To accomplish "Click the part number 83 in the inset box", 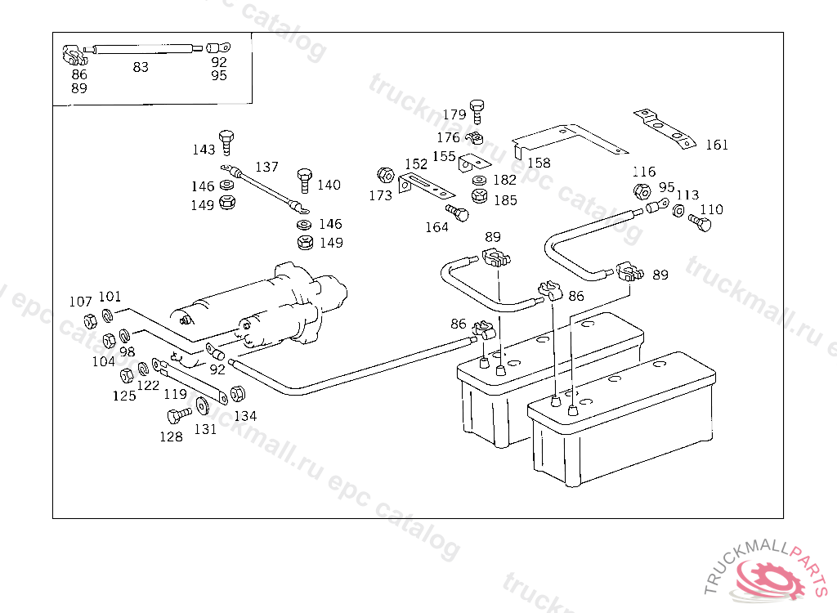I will (141, 68).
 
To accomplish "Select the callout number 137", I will (266, 167).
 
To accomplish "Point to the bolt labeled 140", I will (305, 180).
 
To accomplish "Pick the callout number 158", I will (539, 163).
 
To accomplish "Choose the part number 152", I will (416, 164).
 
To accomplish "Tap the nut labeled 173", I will (383, 176).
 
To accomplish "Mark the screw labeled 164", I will (461, 213).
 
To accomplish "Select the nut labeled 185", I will (481, 196).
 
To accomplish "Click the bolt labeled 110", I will (699, 221).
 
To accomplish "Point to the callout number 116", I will (644, 172).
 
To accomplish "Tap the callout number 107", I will (80, 302).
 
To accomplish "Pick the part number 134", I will (245, 416).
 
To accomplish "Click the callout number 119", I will (175, 394).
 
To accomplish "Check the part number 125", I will (124, 396).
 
